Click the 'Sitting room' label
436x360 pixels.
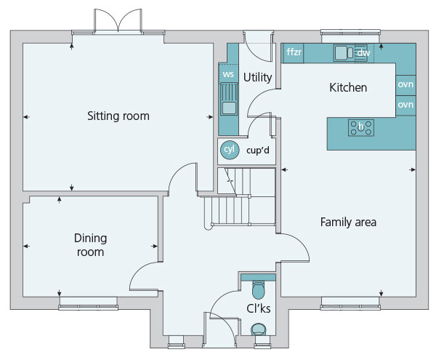coord(118,116)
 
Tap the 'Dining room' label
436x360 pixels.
coord(90,245)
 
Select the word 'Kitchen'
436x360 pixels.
coord(348,87)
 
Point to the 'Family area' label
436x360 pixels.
coord(348,223)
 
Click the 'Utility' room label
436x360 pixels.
coord(257,77)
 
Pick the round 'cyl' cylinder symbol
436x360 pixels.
coord(230,150)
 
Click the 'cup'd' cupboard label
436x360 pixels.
coord(258,151)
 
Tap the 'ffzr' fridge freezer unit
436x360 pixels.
coord(294,53)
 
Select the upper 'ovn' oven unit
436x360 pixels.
coord(405,85)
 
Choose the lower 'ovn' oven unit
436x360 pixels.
coord(405,105)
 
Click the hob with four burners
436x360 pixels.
coord(361,128)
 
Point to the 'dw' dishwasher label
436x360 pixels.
coord(363,53)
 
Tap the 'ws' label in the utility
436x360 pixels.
coord(228,74)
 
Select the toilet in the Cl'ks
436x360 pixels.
coord(258,289)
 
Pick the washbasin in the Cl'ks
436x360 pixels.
coord(259,329)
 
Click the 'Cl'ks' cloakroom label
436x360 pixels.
coord(258,308)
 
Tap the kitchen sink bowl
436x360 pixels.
coord(342,53)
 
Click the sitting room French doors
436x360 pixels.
coord(118,21)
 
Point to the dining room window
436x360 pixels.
coord(88,304)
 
